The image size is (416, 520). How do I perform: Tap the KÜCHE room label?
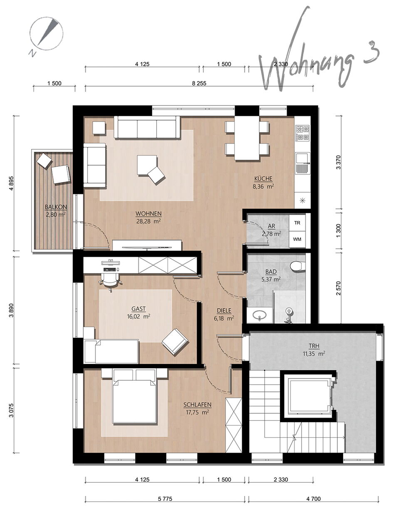point(263,179)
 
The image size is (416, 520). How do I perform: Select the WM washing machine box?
point(297,239)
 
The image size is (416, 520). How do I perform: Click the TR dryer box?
point(297,223)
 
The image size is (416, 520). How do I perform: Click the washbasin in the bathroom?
point(260,315)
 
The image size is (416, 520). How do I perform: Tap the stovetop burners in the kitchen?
point(302,133)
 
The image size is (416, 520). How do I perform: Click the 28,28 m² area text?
point(149,221)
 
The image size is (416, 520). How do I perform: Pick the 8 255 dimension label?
point(199,83)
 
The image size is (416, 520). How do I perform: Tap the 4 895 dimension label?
point(11,183)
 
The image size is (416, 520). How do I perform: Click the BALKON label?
point(56,207)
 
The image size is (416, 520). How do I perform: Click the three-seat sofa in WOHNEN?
point(147,127)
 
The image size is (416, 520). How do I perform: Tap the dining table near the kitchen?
point(247,138)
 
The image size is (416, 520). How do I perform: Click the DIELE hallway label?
point(224,310)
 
